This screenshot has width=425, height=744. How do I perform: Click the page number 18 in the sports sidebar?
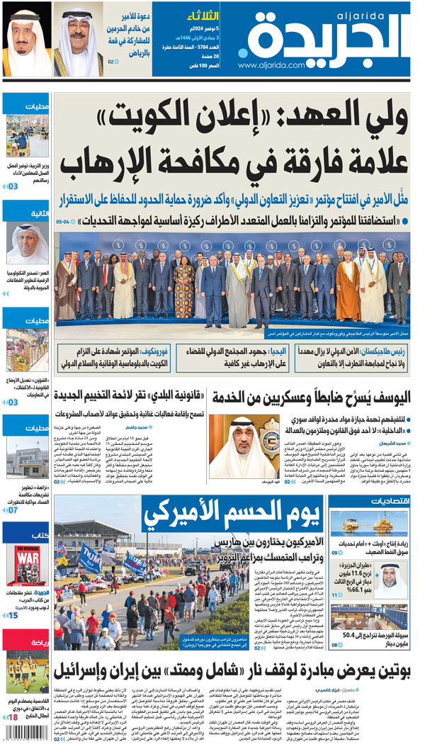12,718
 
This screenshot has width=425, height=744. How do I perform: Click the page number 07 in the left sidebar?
12,509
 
